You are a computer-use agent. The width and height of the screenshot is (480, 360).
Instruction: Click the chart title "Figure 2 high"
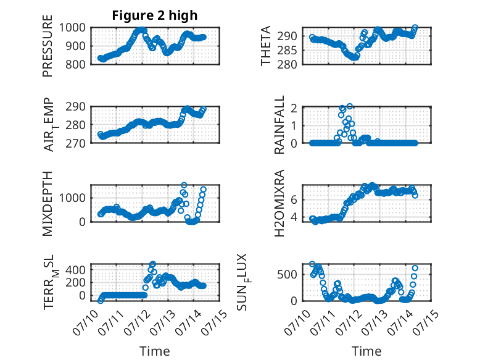pyautogui.click(x=155, y=15)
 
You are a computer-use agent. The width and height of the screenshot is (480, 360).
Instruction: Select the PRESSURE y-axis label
pyautogui.click(x=48, y=46)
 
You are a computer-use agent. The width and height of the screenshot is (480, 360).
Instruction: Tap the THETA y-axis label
pyautogui.click(x=266, y=46)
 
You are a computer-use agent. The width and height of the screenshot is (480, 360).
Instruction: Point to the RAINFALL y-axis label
pyautogui.click(x=279, y=125)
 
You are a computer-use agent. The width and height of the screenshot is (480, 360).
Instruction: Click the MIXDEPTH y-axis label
pyautogui.click(x=48, y=203)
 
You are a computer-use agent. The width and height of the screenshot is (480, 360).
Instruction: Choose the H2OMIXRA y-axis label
pyautogui.click(x=279, y=203)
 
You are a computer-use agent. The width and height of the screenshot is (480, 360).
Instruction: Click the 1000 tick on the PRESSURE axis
pyautogui.click(x=72, y=28)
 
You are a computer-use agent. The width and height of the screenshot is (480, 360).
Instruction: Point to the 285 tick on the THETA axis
pyautogui.click(x=287, y=50)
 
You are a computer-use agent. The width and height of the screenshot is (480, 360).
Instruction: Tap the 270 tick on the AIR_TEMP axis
pyautogui.click(x=75, y=143)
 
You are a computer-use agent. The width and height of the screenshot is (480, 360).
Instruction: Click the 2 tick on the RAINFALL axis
pyautogui.click(x=294, y=108)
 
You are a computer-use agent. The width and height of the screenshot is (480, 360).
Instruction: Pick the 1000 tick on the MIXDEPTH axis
pyautogui.click(x=72, y=198)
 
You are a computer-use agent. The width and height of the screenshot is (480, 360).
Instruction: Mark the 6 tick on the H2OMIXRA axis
pyautogui.click(x=294, y=200)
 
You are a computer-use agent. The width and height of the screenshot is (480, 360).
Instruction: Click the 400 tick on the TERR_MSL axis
pyautogui.click(x=75, y=270)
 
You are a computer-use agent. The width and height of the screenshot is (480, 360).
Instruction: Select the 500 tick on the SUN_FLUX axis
pyautogui.click(x=287, y=275)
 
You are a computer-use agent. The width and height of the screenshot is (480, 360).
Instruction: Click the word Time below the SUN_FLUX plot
pyautogui.click(x=366, y=351)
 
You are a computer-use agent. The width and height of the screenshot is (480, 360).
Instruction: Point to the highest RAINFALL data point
pyautogui.click(x=350, y=106)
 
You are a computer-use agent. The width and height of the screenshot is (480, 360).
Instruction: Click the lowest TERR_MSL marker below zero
pyautogui.click(x=101, y=301)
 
